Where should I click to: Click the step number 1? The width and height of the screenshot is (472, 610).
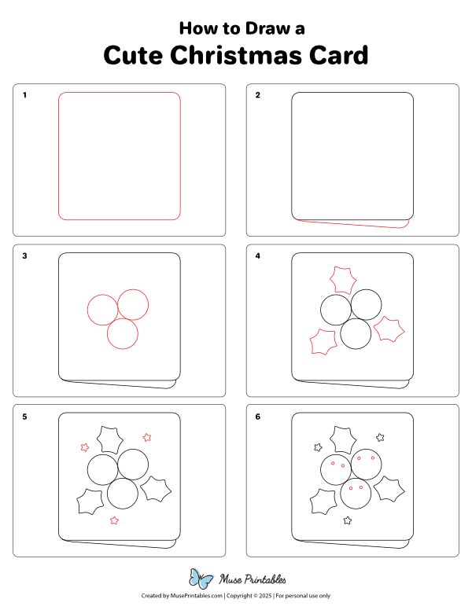pyautogui.click(x=24, y=96)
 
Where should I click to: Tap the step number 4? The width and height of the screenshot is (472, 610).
pyautogui.click(x=258, y=256)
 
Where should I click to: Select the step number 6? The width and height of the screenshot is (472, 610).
pyautogui.click(x=258, y=417)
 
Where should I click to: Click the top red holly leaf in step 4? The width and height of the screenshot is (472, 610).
pyautogui.click(x=341, y=280)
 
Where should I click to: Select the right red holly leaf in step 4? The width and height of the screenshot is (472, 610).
pyautogui.click(x=389, y=329)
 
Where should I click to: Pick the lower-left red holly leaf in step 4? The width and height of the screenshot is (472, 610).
pyautogui.click(x=323, y=343)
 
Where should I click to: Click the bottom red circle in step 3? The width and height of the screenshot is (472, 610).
pyautogui.click(x=123, y=334)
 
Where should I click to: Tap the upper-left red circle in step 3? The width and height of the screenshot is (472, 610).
pyautogui.click(x=102, y=309)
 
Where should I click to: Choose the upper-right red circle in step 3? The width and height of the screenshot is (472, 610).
pyautogui.click(x=132, y=304)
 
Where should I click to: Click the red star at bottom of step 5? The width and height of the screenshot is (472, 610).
pyautogui.click(x=115, y=520)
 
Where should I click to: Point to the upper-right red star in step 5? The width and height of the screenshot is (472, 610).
pyautogui.click(x=146, y=437)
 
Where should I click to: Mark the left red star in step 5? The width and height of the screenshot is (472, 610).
pyautogui.click(x=85, y=447)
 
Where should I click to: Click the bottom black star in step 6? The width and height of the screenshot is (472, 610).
pyautogui.click(x=348, y=520)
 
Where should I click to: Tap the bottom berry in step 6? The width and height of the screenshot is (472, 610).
pyautogui.click(x=356, y=494)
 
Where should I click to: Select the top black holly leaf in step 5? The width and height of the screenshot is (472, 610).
pyautogui.click(x=108, y=440)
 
